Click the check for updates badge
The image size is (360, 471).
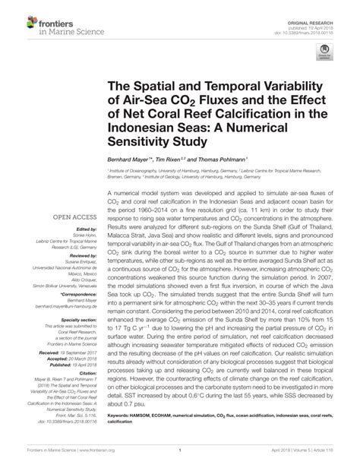point(324,51)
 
